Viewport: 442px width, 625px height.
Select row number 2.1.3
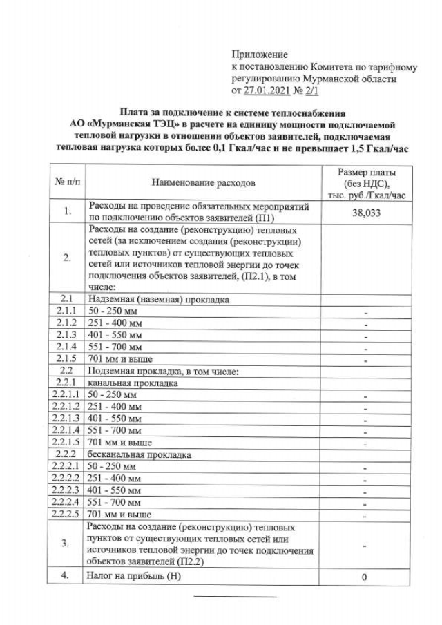tap(68, 334)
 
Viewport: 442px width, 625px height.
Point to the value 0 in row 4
tap(365, 577)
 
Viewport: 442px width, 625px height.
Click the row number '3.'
tap(68, 544)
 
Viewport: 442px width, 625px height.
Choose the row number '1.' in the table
tap(68, 213)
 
